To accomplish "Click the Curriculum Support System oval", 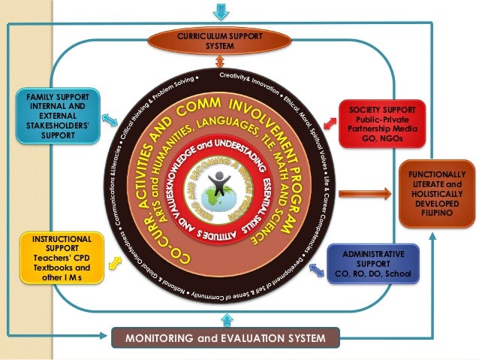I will [x=215, y=41].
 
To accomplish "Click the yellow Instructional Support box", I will [x=58, y=258].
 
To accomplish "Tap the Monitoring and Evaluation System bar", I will [x=226, y=338].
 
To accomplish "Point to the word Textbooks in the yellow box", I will [x=50, y=268].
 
